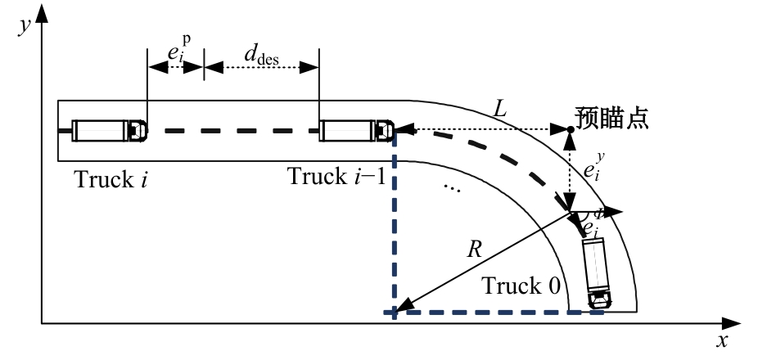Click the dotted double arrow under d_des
pos(260,68)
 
